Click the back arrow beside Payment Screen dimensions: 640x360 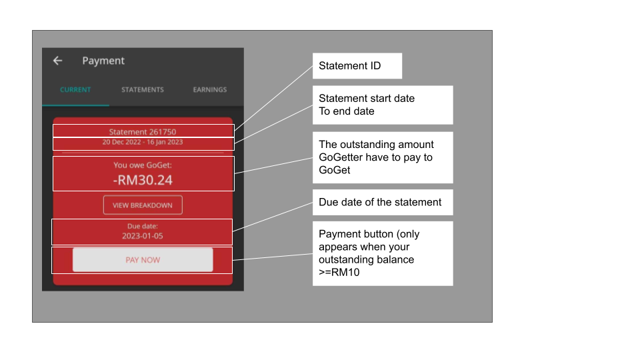coord(57,61)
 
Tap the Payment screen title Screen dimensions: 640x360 coord(103,61)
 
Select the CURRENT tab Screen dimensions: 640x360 coord(75,90)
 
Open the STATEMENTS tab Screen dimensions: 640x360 coord(143,90)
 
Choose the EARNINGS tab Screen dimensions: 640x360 coord(210,90)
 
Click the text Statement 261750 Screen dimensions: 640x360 coord(143,132)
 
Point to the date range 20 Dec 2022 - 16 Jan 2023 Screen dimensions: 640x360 coord(143,142)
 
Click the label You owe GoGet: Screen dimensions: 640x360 coord(143,165)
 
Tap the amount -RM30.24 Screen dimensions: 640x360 coord(143,180)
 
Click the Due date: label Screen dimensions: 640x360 coord(143,226)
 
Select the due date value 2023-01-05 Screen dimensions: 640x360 coord(143,236)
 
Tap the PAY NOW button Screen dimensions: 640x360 coord(143,260)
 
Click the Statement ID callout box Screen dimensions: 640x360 coord(357,66)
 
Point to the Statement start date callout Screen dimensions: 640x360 coord(383,105)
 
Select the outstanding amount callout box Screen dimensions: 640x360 coord(383,157)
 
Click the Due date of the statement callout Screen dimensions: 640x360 coord(383,202)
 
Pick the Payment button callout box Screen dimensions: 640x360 coord(383,253)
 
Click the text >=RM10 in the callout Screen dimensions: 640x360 coord(339,272)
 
